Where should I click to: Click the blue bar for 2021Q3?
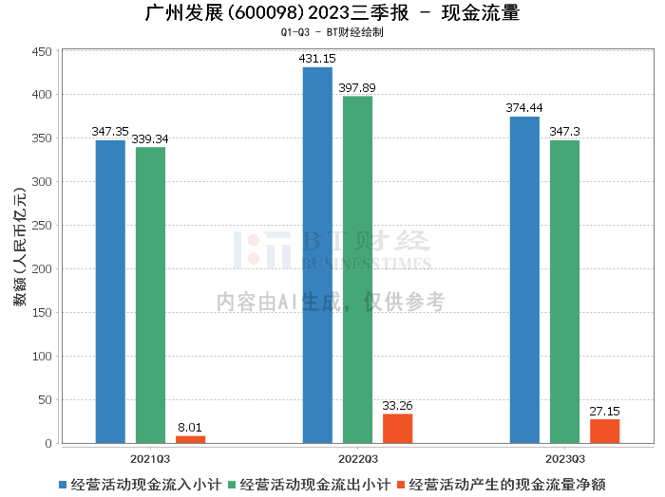click(x=110, y=291)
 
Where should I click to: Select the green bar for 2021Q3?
click(x=150, y=295)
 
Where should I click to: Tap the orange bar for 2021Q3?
click(x=190, y=439)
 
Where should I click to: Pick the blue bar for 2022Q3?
click(x=317, y=255)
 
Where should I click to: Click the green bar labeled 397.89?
click(x=357, y=269)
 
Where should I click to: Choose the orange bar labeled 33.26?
click(x=397, y=429)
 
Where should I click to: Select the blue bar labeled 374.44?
click(x=524, y=280)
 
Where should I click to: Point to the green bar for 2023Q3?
click(x=564, y=291)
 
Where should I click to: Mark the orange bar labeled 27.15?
click(x=604, y=432)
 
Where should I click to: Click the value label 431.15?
click(x=317, y=59)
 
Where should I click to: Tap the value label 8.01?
click(x=190, y=428)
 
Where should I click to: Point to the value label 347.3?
click(x=564, y=132)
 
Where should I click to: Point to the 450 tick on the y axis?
click(x=41, y=51)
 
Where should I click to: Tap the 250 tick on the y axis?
click(x=41, y=226)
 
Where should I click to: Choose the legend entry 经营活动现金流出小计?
click(x=309, y=484)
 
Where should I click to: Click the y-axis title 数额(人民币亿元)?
click(x=19, y=248)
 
